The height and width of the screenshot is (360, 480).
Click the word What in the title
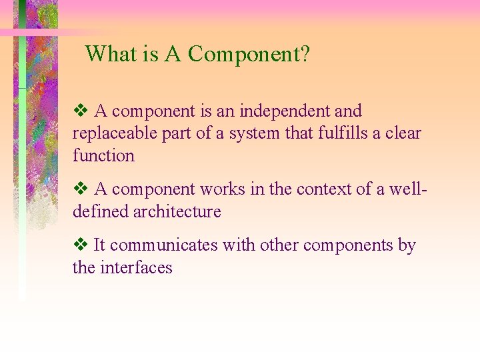coord(110,53)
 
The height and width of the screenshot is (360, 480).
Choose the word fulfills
coord(347,133)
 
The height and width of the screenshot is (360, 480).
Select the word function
coord(103,156)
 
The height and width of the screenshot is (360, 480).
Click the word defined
coord(101,212)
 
